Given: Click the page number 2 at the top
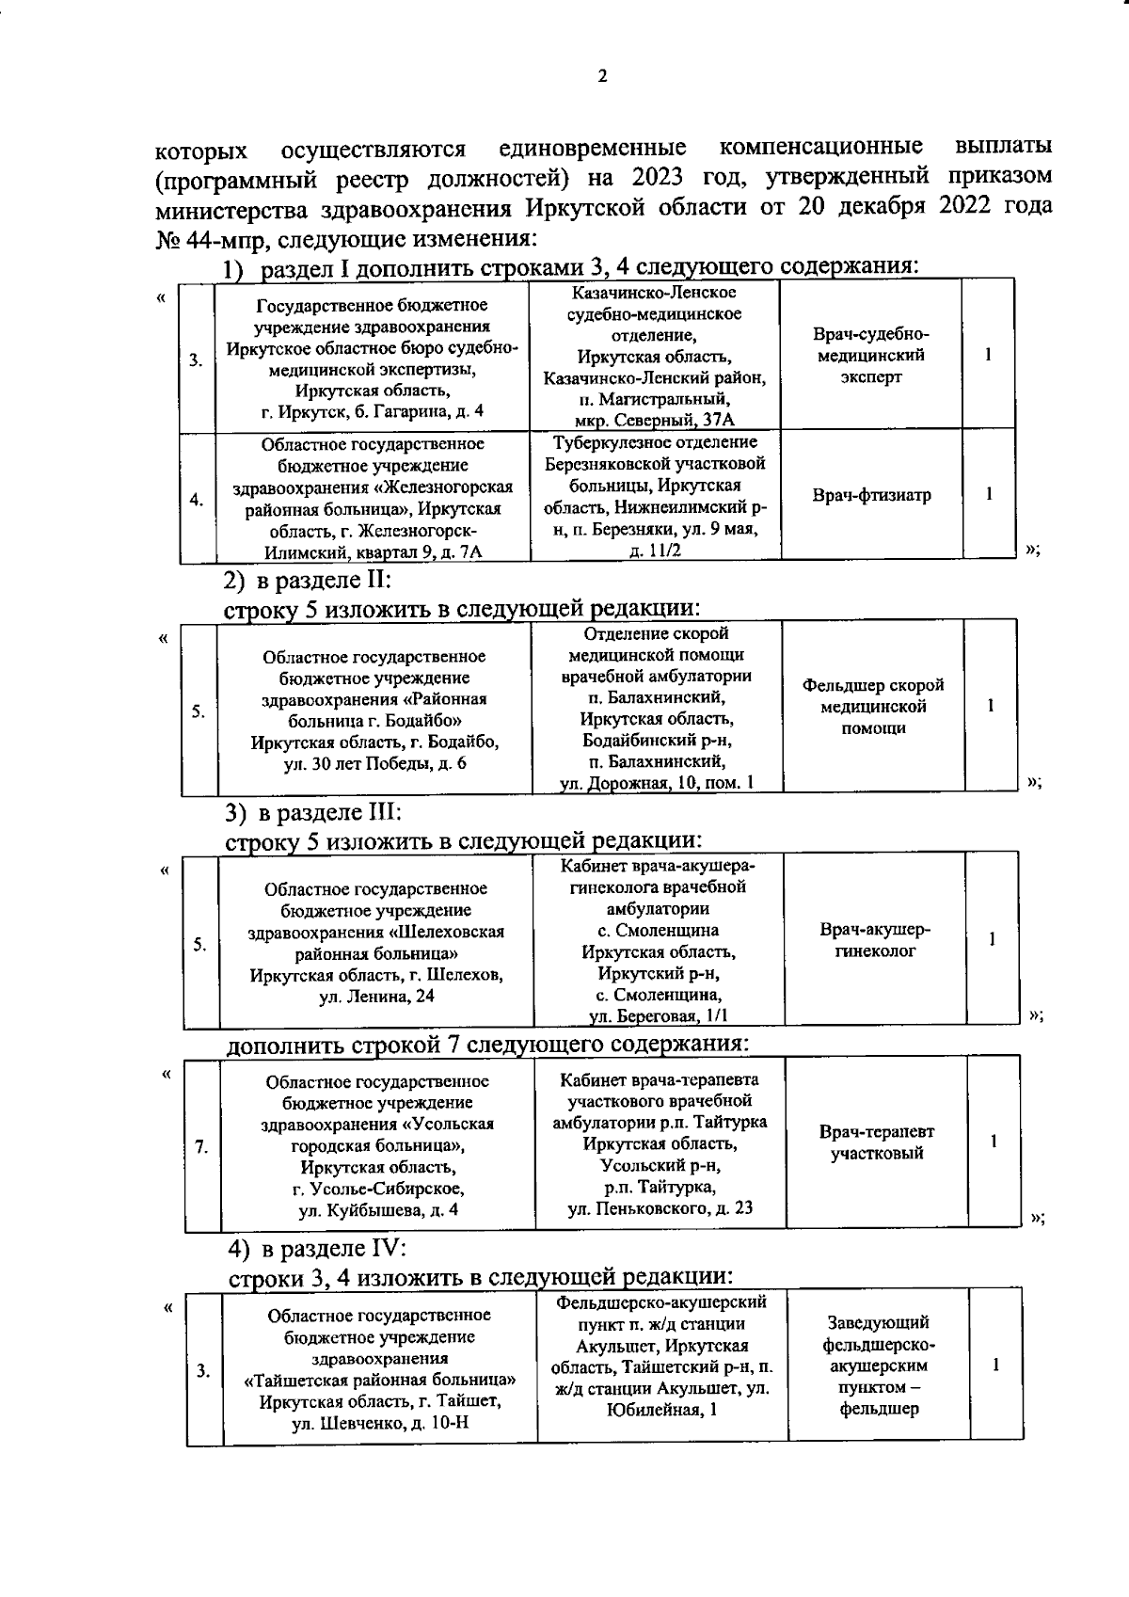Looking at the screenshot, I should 602,77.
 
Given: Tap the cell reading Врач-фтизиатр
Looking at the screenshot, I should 871,495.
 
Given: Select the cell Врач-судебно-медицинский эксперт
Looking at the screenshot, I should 871,356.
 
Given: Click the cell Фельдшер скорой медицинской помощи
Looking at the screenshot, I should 873,706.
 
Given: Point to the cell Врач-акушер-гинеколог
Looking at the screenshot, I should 875,940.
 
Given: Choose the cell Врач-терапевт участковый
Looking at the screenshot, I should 877,1142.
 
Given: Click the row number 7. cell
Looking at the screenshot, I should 201,1146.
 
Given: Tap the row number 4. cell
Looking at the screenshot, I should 197,500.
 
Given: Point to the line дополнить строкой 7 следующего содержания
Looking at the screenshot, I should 488,1044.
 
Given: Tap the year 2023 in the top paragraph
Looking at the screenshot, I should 659,178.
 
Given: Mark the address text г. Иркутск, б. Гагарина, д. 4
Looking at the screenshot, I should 372,411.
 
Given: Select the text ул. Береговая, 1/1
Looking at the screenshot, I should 658,1015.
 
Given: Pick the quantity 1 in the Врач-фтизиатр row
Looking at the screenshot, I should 990,494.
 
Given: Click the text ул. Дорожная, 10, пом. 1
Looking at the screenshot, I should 657,783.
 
